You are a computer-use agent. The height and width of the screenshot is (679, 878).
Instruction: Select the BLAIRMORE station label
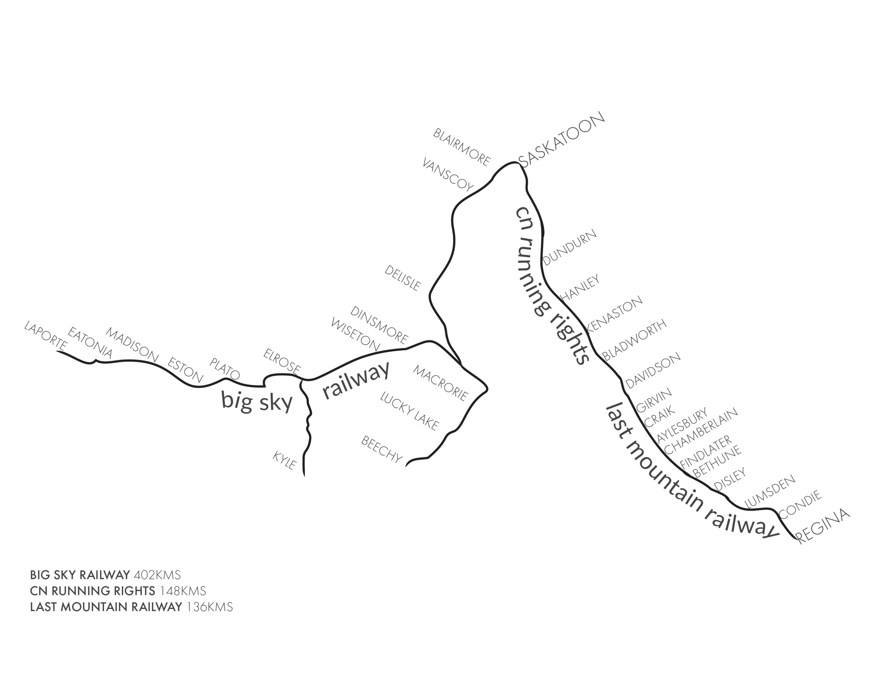pos(461,147)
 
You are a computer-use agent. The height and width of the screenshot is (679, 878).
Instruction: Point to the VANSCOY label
pos(448,174)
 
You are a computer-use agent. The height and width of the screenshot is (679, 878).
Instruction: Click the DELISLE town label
pos(403,278)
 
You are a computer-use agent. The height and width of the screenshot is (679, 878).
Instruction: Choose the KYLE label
pos(284,460)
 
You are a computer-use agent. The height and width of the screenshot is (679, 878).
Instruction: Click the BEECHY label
pos(381,449)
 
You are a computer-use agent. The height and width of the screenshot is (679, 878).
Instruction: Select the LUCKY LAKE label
pos(409,411)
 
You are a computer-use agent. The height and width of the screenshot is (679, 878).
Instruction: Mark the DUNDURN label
pos(570,247)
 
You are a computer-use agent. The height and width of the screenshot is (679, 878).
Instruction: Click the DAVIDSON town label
pos(653,370)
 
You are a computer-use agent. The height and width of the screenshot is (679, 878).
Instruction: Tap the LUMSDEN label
pos(769,491)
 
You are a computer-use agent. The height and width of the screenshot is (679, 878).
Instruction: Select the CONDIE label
pos(800,504)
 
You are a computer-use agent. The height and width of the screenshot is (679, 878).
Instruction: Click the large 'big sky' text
pos(257,401)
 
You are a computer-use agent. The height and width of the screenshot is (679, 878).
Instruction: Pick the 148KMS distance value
pos(183,591)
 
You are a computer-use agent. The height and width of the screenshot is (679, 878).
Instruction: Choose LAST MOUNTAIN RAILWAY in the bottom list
pos(106,607)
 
